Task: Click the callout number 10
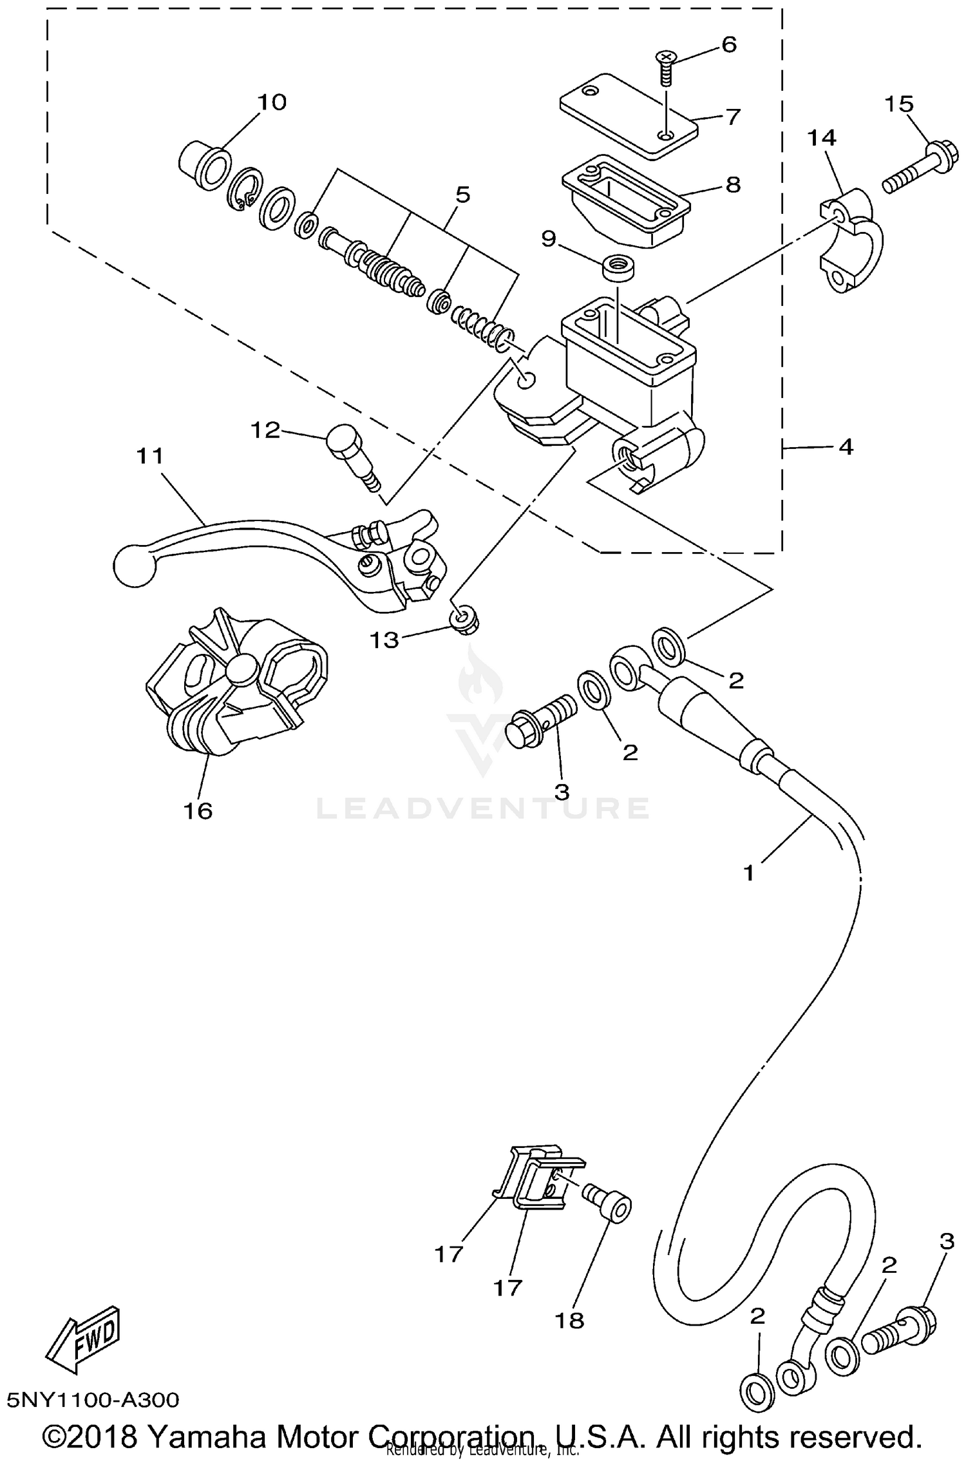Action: tap(272, 102)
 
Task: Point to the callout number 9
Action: tap(548, 239)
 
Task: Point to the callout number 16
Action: tap(198, 810)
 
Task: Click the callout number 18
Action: tap(569, 1320)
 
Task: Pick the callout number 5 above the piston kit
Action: tap(462, 195)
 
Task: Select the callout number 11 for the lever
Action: tap(150, 456)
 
